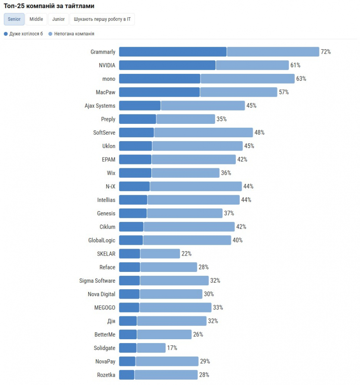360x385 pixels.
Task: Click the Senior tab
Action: tap(14, 19)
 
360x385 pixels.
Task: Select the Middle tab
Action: tap(36, 19)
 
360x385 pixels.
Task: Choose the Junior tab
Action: tap(58, 19)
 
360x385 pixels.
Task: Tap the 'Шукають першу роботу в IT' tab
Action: tap(102, 19)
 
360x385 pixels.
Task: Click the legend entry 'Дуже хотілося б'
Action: tap(24, 34)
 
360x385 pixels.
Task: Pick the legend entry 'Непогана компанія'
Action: tap(71, 34)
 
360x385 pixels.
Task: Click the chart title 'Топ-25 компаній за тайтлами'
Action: tap(49, 6)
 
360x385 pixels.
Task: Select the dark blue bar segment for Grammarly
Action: tap(172, 52)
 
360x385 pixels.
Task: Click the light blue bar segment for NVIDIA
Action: tap(252, 65)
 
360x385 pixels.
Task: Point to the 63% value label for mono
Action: tap(301, 79)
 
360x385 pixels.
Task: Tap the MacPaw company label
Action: tap(106, 92)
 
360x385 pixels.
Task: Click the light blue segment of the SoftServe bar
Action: tap(203, 133)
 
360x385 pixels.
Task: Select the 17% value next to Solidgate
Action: tap(172, 348)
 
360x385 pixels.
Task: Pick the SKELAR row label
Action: tap(106, 254)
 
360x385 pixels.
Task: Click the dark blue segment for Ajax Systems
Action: tap(140, 106)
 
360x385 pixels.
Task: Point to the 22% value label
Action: tap(186, 254)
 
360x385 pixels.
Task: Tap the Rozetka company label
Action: tap(106, 375)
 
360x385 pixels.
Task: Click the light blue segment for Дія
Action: tap(172, 321)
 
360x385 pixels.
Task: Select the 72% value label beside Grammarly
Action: tap(326, 52)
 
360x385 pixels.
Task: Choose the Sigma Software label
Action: tap(97, 281)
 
